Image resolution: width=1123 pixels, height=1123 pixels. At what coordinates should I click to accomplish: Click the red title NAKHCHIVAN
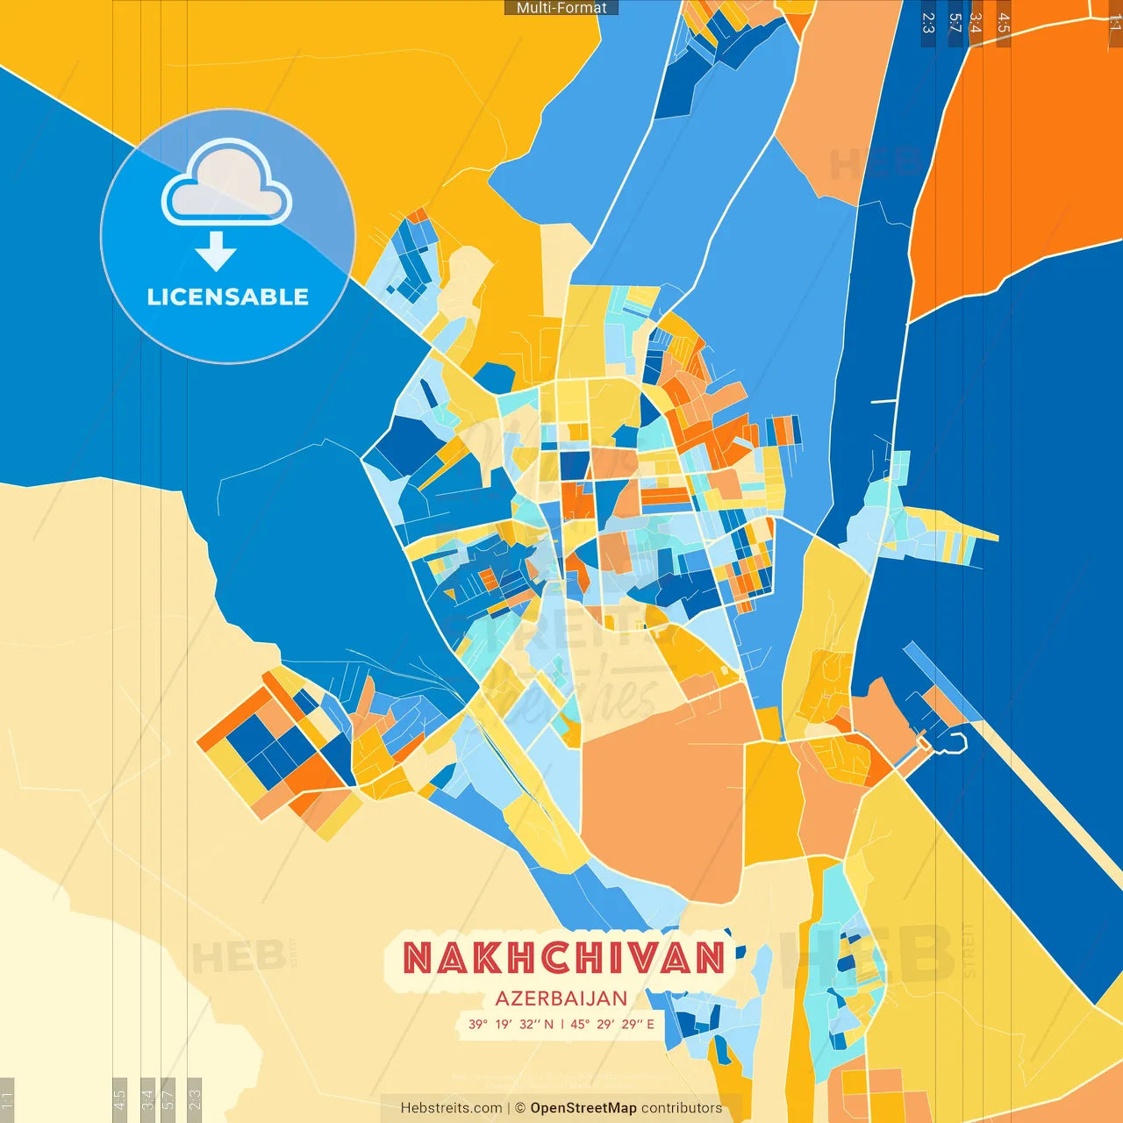click(x=564, y=957)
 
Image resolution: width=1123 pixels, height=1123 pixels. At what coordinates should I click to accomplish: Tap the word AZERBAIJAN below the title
click(x=561, y=998)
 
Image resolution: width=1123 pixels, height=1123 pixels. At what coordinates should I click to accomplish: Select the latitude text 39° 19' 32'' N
click(x=511, y=1024)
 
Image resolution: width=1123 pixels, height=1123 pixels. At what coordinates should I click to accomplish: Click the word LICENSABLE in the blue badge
click(x=228, y=297)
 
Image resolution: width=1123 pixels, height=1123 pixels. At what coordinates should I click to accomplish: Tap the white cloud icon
click(x=226, y=181)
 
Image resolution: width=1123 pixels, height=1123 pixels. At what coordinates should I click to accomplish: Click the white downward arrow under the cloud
click(x=216, y=251)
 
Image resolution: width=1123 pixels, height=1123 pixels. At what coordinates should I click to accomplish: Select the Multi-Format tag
click(x=561, y=8)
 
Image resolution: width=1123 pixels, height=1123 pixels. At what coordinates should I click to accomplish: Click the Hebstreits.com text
click(x=451, y=1108)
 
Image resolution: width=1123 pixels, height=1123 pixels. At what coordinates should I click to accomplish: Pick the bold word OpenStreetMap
click(x=583, y=1108)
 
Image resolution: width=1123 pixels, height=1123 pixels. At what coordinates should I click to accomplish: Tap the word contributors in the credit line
click(x=682, y=1108)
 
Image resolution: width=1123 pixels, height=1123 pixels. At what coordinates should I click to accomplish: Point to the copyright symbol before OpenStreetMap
click(x=520, y=1108)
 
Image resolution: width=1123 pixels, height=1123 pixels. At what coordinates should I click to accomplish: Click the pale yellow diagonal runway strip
click(x=1044, y=790)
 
